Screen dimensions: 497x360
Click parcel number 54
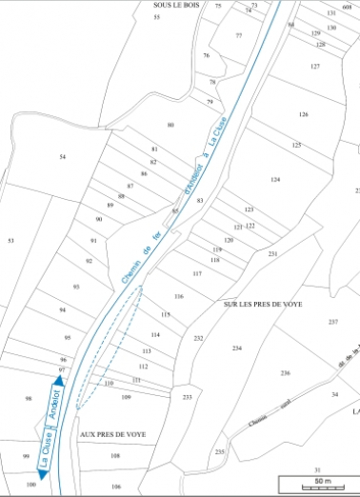click(x=63, y=156)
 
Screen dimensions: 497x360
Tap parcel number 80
click(x=170, y=126)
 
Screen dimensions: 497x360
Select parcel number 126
click(x=303, y=114)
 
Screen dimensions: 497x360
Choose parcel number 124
click(x=275, y=179)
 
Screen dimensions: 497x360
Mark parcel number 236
click(x=285, y=372)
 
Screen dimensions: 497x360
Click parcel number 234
click(x=236, y=348)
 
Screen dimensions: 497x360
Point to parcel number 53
click(x=10, y=241)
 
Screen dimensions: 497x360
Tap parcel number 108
click(x=115, y=457)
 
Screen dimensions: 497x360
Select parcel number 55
click(x=156, y=18)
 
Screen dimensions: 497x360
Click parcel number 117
click(x=197, y=273)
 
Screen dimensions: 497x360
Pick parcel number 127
click(x=314, y=67)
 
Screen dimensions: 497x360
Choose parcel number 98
click(x=29, y=398)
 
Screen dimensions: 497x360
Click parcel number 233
click(x=188, y=396)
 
